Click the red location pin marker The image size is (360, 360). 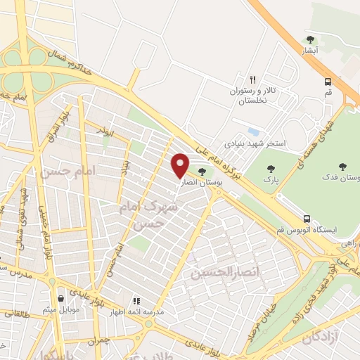[180, 165]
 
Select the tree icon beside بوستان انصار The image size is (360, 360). [202, 171]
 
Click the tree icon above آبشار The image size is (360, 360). [310, 39]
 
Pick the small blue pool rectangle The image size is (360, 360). [253, 131]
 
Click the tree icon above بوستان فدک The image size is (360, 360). [342, 167]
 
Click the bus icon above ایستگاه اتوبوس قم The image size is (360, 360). [306, 218]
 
